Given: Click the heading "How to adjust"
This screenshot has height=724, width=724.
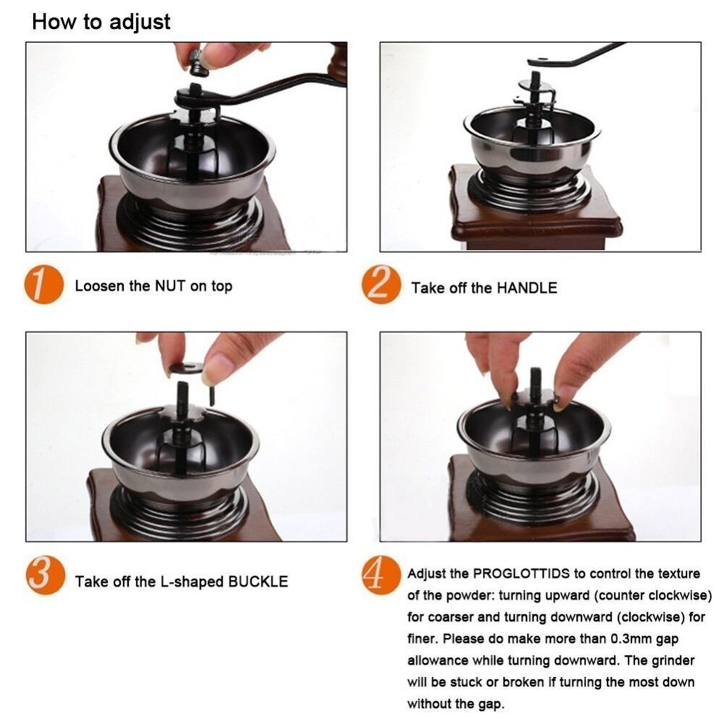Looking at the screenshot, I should point(101,21).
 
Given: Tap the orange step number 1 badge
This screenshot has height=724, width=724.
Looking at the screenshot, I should point(44,286).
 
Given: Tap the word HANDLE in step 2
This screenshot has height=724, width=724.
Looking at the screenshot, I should point(526,288).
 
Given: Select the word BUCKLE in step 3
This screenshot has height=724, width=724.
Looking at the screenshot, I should point(257,582).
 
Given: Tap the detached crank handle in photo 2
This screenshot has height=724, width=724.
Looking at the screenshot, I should point(576,56).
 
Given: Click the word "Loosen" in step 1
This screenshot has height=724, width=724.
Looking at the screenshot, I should point(98,286).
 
